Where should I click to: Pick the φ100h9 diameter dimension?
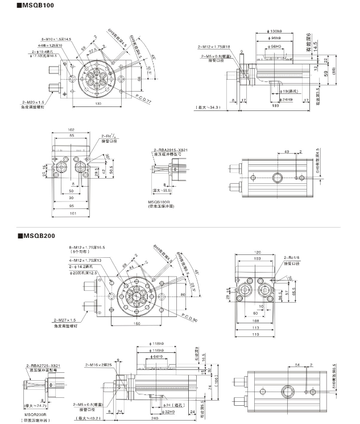pos(274,30)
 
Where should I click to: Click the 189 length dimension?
pos(275,105)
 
